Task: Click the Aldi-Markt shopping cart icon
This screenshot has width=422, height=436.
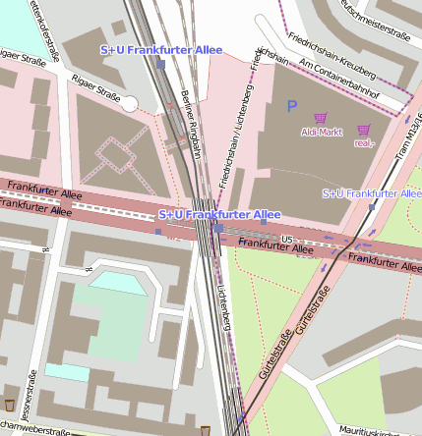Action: click(x=320, y=118)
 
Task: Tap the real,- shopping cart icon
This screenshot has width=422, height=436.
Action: click(x=364, y=130)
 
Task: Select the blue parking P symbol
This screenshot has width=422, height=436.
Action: click(x=291, y=104)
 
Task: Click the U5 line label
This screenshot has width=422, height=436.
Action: click(x=287, y=239)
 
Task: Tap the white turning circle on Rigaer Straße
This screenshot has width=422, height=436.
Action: click(x=130, y=104)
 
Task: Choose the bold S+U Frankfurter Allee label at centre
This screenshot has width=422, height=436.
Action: click(x=219, y=214)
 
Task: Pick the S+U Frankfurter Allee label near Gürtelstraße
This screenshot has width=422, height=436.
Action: click(x=371, y=193)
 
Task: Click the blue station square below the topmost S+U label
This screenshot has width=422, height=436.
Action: click(x=160, y=64)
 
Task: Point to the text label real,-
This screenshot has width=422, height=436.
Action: click(x=365, y=143)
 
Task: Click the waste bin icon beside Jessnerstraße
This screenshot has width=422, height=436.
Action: click(x=10, y=405)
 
